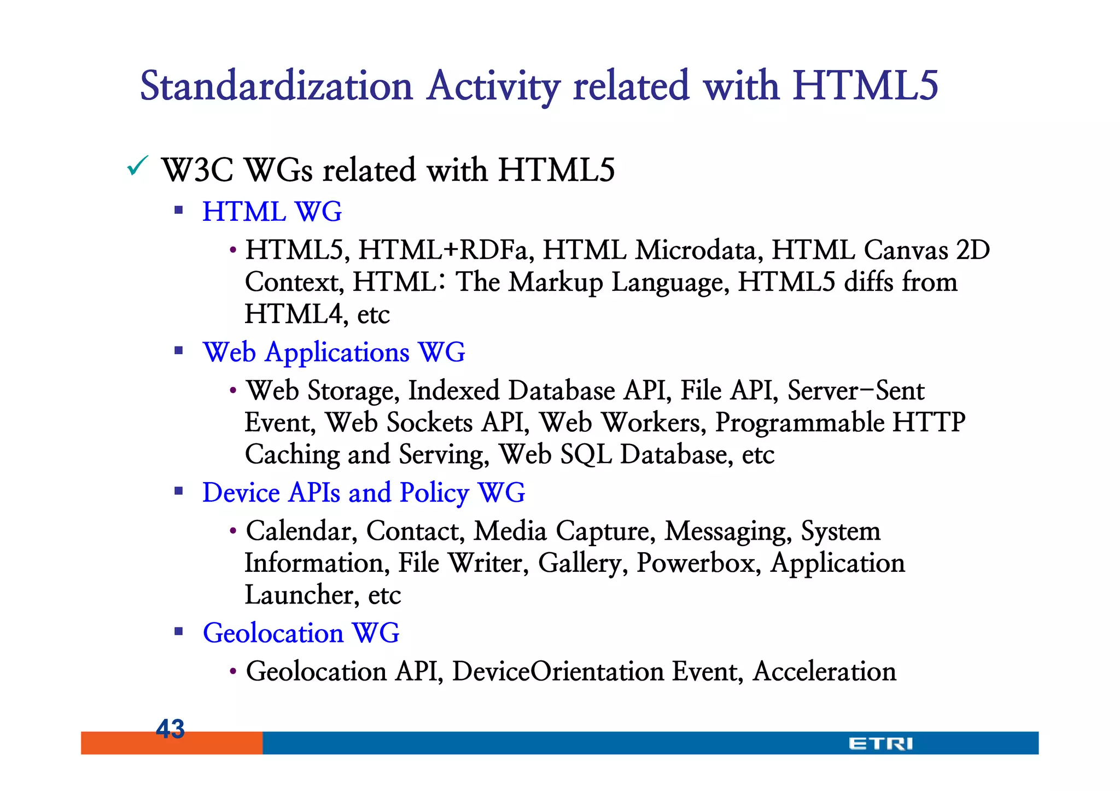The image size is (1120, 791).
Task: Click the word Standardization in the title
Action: (276, 86)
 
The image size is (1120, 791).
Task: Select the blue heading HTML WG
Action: (272, 212)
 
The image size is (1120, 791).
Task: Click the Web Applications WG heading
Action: (334, 352)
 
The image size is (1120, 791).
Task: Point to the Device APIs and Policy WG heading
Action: (364, 493)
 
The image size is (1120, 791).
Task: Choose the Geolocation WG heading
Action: (301, 633)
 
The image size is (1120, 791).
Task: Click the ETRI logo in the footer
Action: (880, 743)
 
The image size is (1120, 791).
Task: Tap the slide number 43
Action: (170, 729)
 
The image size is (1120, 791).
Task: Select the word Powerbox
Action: (699, 563)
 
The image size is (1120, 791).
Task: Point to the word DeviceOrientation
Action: (558, 671)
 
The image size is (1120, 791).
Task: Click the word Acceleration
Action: (824, 671)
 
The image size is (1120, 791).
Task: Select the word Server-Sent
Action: (856, 391)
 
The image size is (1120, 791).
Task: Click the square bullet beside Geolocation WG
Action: (178, 632)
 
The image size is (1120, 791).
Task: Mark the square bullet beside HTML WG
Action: (178, 210)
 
